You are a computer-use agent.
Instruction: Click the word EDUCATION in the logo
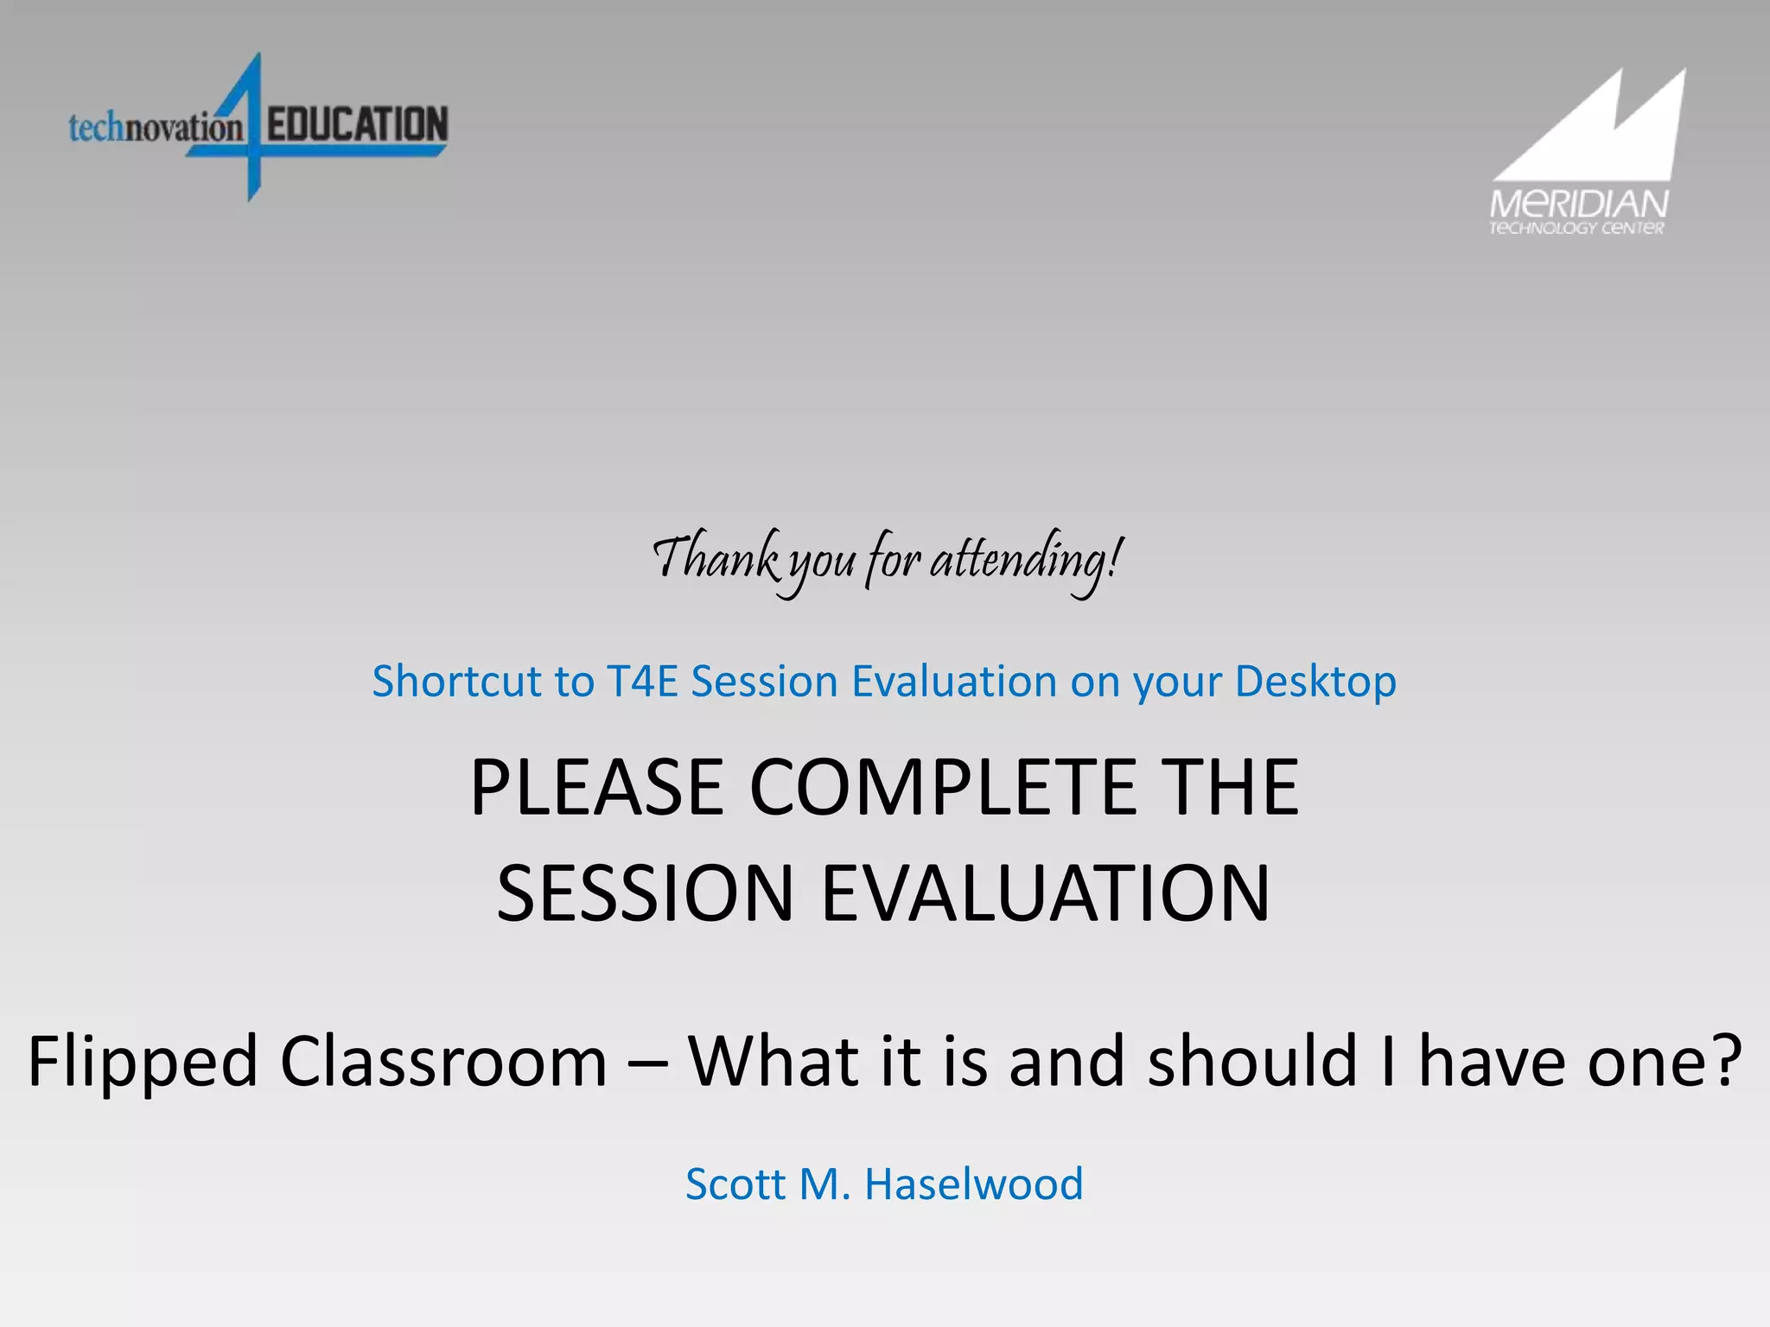coord(357,124)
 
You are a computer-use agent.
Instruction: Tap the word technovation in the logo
coord(156,128)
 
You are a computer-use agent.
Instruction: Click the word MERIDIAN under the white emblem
coord(1578,205)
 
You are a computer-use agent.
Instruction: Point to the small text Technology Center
coord(1576,228)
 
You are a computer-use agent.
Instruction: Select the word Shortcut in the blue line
coord(457,681)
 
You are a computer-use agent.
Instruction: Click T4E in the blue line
coord(643,681)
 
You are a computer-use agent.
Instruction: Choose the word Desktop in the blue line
coord(1315,683)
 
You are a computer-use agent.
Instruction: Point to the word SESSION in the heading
coord(645,893)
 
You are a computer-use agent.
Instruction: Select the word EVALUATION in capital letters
coord(1046,893)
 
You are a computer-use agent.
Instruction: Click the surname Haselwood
coord(973,1184)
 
